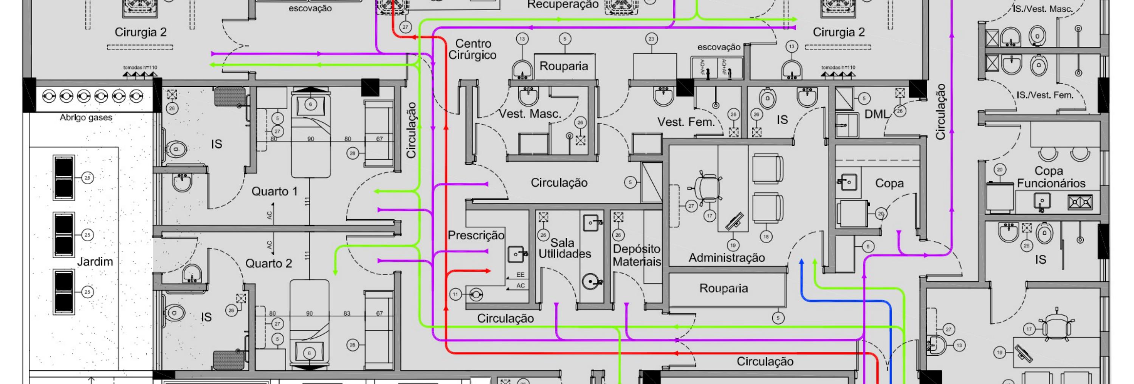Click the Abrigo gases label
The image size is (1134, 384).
point(86,117)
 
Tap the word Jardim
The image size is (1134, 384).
point(95,262)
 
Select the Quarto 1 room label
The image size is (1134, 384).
point(274,191)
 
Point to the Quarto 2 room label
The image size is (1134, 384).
point(268,264)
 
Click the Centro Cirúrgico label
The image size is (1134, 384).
point(472,49)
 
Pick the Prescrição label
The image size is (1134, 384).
point(476,235)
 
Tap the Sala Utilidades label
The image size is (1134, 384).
point(564,248)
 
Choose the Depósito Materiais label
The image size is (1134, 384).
point(637,255)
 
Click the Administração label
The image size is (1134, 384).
point(727,258)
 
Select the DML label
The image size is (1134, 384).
point(877,114)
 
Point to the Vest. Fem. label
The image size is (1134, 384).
point(686,122)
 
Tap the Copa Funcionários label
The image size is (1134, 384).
point(1051,177)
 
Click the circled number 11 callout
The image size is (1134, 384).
point(455,294)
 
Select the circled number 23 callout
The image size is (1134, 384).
point(652,39)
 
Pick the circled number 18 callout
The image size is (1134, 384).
point(765,237)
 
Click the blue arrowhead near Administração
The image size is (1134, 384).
point(801,262)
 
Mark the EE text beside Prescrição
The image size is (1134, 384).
point(521,275)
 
